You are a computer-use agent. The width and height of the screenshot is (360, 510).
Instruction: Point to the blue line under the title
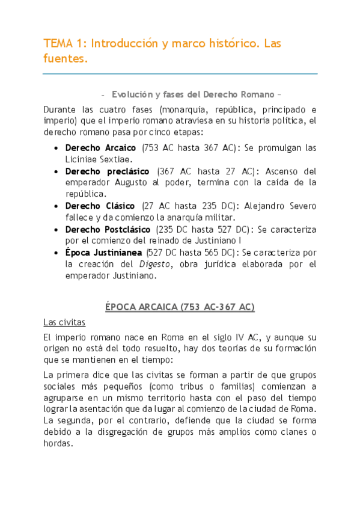tap(180, 74)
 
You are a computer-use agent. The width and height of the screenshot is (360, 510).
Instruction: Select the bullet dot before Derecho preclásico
tap(56, 171)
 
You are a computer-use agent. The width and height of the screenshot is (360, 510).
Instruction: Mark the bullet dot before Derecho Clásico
tap(56, 206)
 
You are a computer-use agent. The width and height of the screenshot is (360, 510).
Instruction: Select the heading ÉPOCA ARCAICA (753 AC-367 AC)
tap(180, 307)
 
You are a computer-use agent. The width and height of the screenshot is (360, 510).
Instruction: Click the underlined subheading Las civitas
tap(64, 322)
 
